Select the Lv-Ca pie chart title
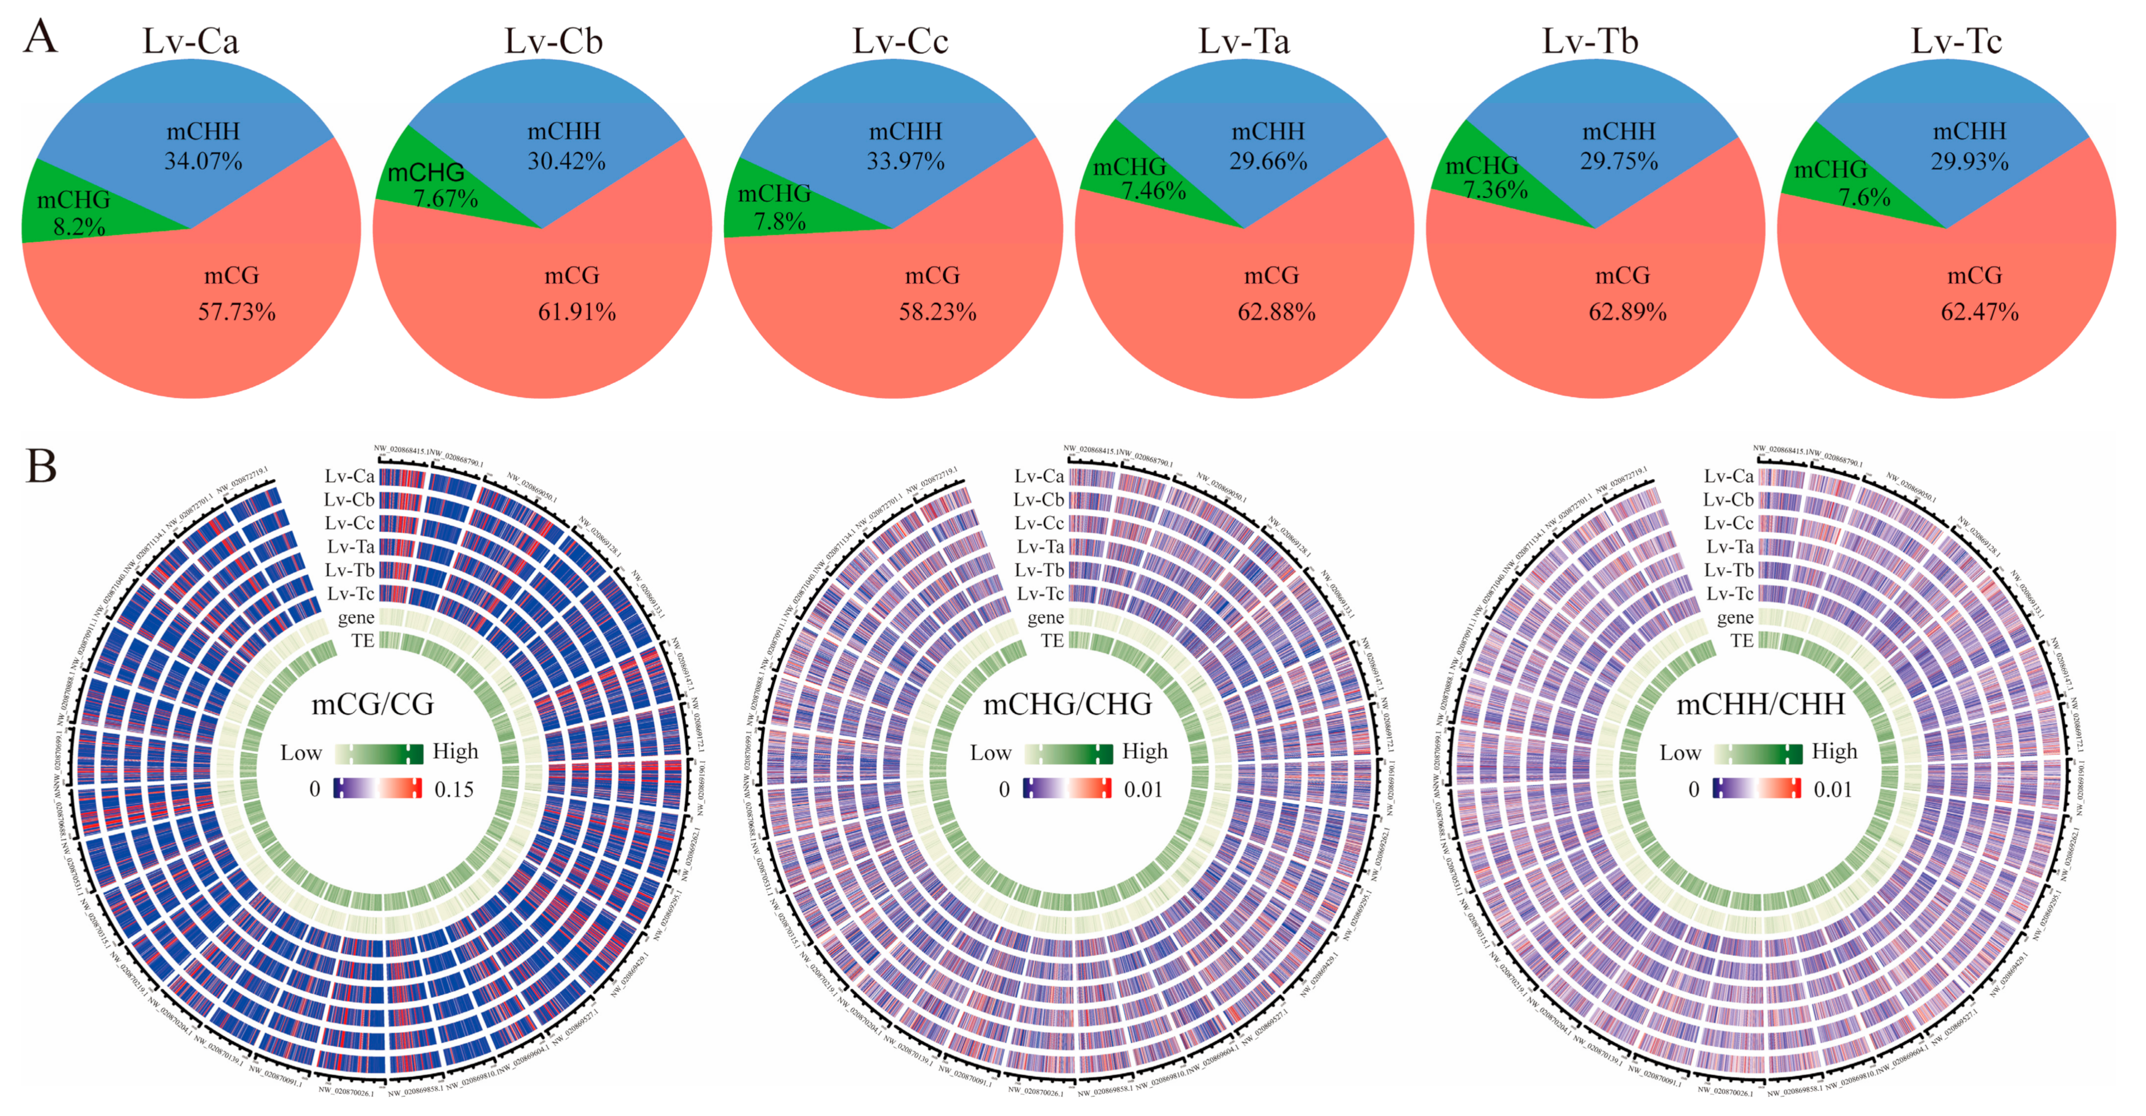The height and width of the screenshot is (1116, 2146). coord(191,42)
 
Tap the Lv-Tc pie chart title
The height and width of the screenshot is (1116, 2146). coord(1955,42)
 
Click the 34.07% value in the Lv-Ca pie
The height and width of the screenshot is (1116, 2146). coord(203,161)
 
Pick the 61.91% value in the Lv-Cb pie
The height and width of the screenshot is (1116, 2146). coord(577,312)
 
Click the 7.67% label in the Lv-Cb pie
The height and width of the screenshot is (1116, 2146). coord(446,199)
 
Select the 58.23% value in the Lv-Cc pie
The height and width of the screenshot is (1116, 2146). coord(937,312)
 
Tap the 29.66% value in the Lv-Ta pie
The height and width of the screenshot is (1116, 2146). coord(1268,161)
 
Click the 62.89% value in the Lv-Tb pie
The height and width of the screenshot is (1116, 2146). coord(1627,312)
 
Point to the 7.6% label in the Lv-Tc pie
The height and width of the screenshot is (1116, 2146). coord(1864,198)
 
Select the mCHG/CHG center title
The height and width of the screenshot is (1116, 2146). coord(1067,705)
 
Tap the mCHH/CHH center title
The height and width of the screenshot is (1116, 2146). coord(1760,705)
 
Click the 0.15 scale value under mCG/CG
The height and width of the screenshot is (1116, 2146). coord(454,790)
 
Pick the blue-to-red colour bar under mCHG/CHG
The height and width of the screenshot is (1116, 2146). coord(1067,788)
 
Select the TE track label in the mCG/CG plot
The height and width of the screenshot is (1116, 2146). coord(362,641)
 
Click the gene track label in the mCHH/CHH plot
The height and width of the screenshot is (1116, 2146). coord(1735,618)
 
